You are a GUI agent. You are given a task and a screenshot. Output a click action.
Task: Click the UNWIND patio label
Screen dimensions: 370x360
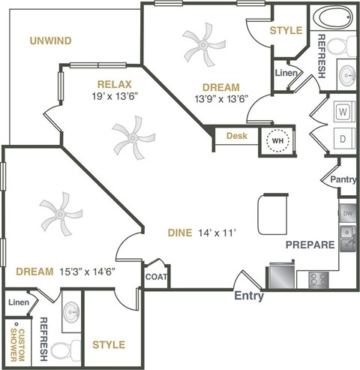coord(51,40)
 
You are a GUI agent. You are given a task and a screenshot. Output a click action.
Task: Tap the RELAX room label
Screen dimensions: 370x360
coord(114,85)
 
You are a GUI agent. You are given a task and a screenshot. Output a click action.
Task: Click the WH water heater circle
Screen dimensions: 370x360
coord(277,140)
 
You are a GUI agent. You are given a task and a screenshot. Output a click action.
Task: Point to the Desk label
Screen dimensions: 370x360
coord(236,136)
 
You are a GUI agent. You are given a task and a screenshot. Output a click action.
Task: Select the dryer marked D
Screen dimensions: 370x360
coord(343,140)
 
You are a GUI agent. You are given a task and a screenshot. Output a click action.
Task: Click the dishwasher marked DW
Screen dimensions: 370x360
coord(347,213)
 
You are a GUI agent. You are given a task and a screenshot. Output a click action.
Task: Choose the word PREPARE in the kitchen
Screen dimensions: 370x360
coord(309,245)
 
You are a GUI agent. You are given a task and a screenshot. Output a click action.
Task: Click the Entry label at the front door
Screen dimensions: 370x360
coord(250,296)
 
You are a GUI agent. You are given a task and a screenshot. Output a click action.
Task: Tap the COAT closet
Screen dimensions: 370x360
coord(156,276)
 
